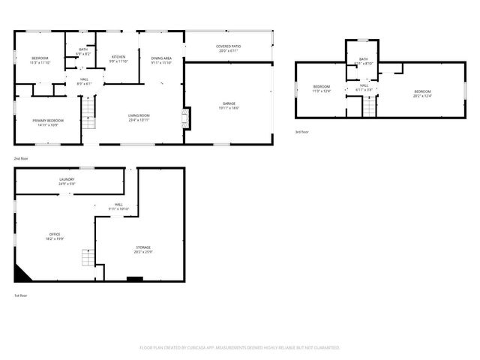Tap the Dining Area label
161,61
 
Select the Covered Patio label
228,49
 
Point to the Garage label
229,106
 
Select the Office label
55,237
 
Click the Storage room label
142,250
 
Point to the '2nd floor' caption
21,159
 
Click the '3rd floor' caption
301,132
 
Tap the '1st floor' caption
21,295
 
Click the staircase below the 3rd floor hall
369,106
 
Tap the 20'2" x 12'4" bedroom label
422,94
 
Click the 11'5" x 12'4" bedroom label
322,89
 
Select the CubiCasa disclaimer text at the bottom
240,348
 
